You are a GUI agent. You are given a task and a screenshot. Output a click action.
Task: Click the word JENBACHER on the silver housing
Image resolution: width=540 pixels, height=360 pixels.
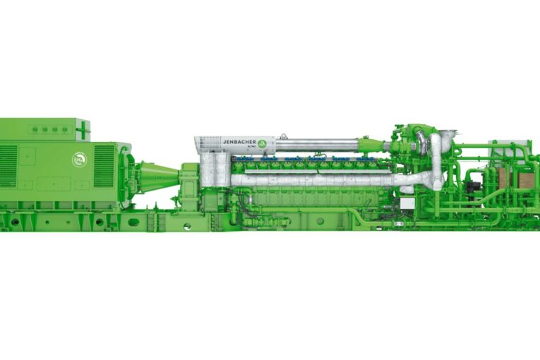click(239, 142)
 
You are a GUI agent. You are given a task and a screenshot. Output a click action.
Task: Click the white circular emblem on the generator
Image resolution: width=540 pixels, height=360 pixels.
click(78, 160)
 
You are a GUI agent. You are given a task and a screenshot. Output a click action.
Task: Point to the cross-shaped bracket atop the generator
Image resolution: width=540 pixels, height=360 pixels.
click(83, 130)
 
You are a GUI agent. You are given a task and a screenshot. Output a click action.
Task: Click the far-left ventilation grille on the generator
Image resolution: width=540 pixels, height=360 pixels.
click(8, 166)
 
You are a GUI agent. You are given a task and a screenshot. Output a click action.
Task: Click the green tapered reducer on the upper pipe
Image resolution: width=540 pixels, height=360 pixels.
click(371, 146)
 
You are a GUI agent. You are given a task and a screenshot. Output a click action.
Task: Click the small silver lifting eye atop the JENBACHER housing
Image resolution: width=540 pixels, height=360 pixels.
click(283, 135)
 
